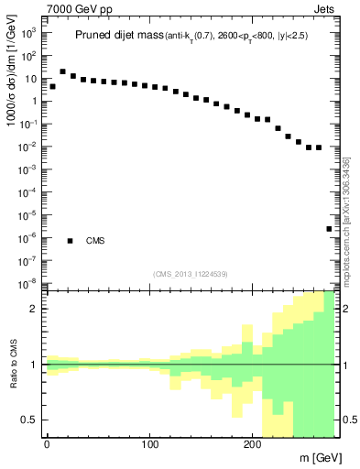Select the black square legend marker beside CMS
point(70,241)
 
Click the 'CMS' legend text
point(95,241)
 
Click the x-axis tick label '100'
point(150,446)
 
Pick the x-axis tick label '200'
point(253,446)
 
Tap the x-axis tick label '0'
point(47,446)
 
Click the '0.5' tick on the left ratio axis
point(30,420)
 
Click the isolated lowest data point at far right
point(329,229)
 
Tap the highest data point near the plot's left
point(62,71)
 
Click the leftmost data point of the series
point(52,86)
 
